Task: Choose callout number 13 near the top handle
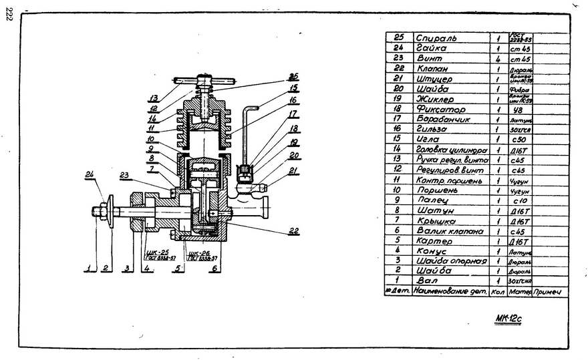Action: tap(153, 98)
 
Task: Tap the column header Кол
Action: tap(498, 291)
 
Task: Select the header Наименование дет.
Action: tap(450, 291)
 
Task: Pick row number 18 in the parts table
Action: tap(397, 108)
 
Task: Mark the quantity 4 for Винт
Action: tap(498, 58)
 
